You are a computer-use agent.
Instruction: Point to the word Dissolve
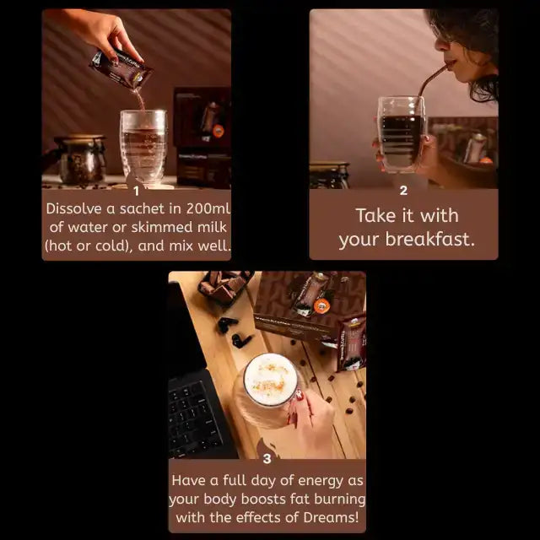77,208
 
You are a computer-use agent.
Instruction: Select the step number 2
403,192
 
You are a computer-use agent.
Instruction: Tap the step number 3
267,459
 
